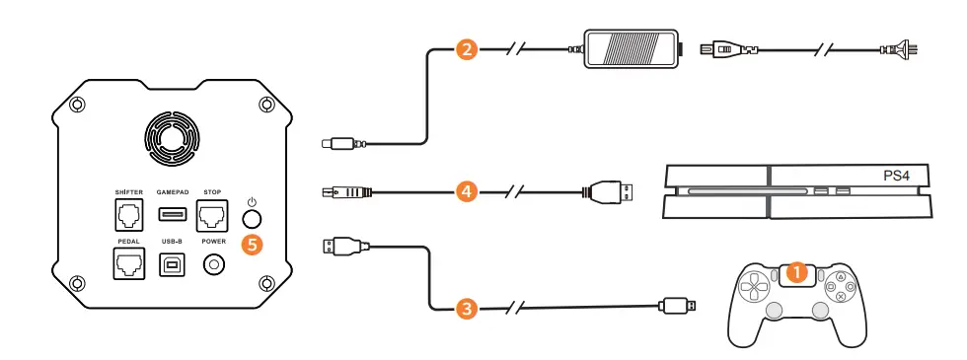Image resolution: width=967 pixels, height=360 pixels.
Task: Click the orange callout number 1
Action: click(799, 269)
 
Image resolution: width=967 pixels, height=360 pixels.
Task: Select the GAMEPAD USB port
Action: click(171, 213)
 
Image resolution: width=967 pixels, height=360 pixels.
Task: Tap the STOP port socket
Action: click(211, 214)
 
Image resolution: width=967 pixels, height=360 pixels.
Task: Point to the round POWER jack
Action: click(213, 264)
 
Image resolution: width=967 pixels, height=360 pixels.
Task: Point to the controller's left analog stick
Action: click(776, 310)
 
